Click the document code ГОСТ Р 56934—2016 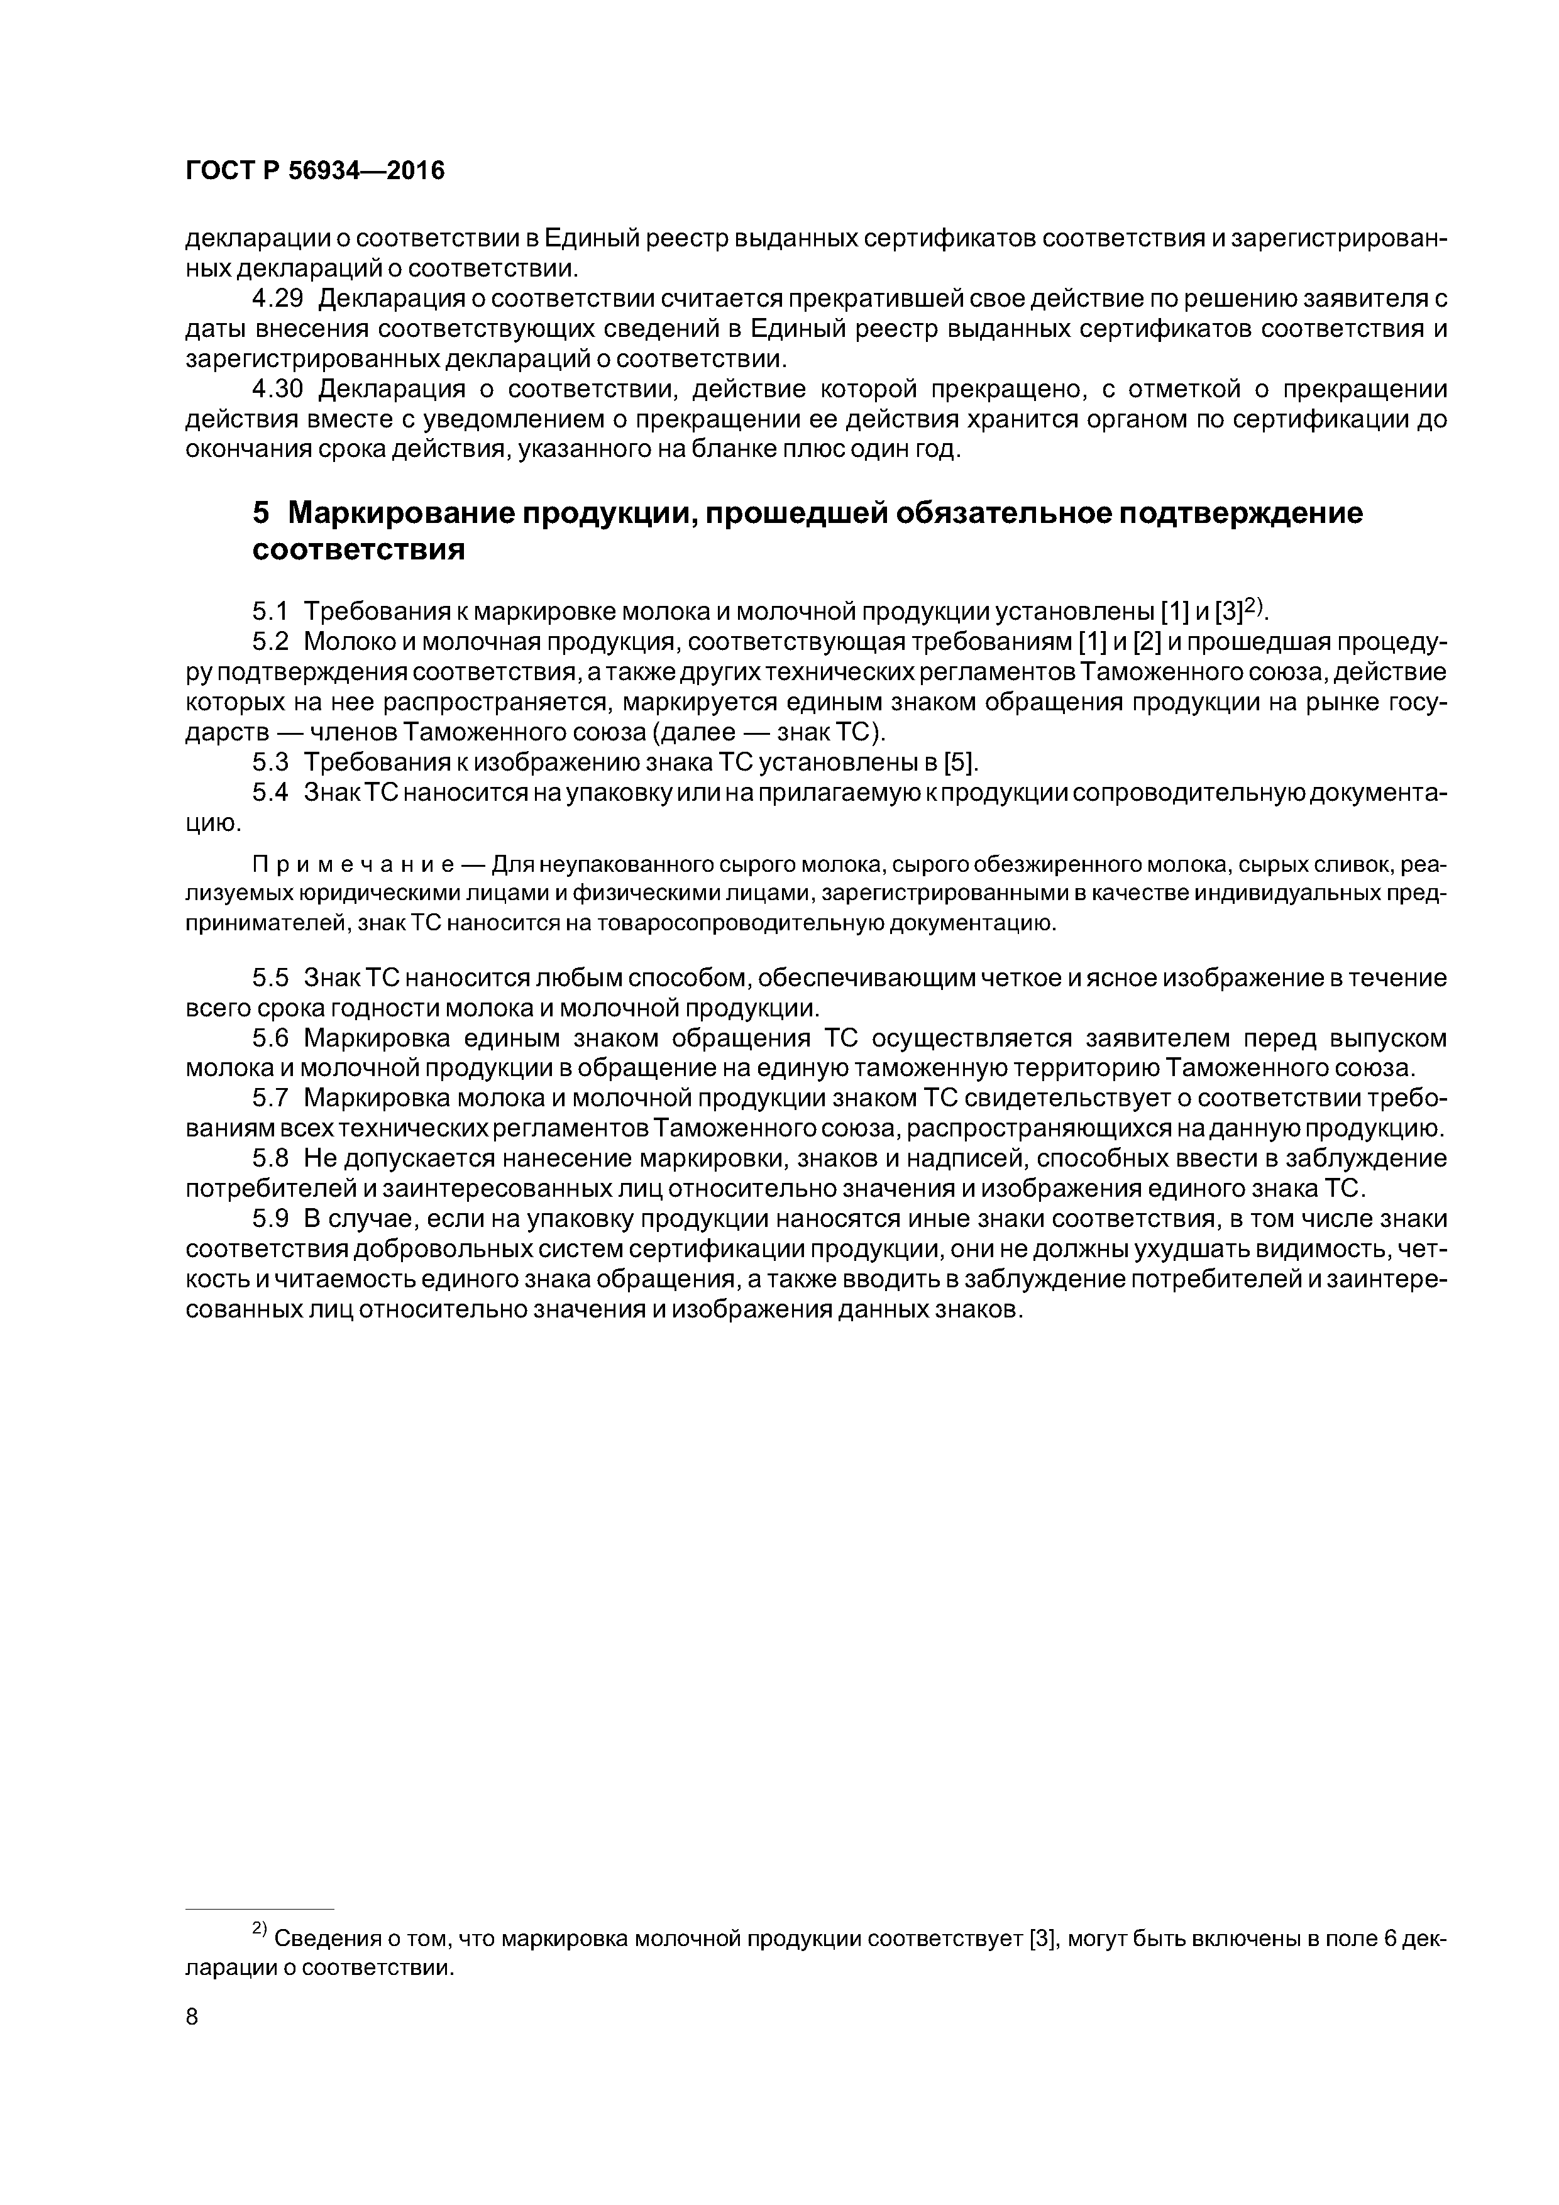pyautogui.click(x=315, y=171)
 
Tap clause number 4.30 pyautogui.click(x=278, y=389)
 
